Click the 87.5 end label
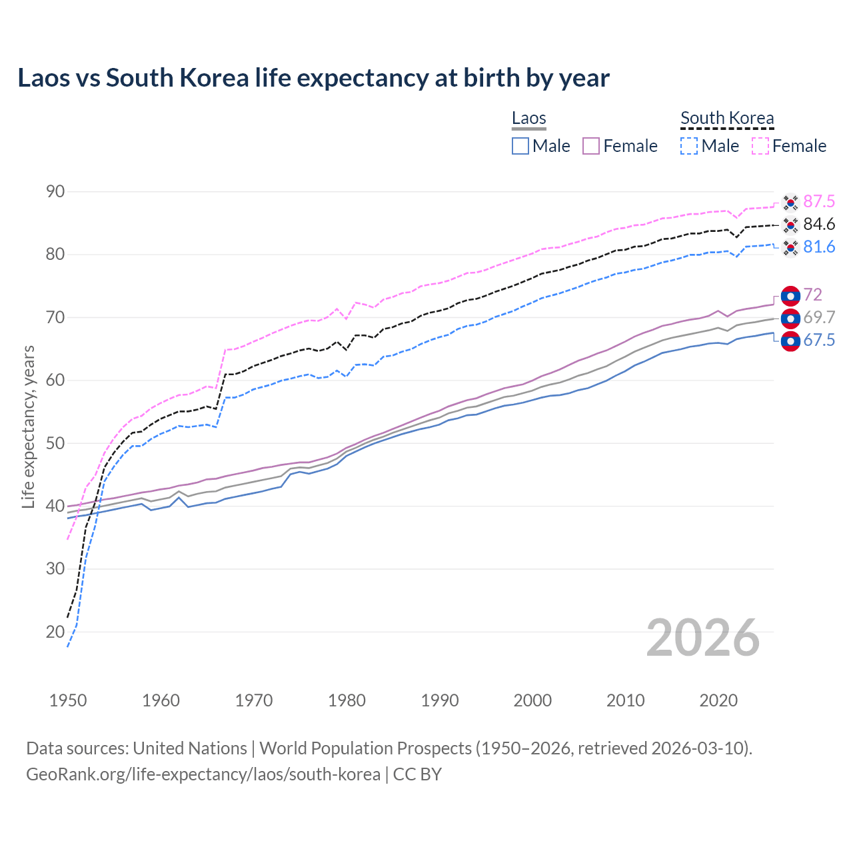819,202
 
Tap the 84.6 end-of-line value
819,225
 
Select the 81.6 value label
819,247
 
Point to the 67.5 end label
819,341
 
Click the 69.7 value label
819,318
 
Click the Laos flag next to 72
790,296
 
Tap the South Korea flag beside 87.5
790,202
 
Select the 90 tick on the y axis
55,192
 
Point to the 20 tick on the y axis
55,632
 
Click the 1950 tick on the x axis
68,700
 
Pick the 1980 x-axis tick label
347,700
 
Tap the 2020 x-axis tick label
718,700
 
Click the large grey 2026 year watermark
703,638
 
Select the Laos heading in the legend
529,119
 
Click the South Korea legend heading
727,119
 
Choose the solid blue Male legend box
520,146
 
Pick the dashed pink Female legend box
760,146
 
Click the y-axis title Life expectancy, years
29,426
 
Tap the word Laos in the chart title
43,78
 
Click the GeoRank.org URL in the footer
203,774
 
